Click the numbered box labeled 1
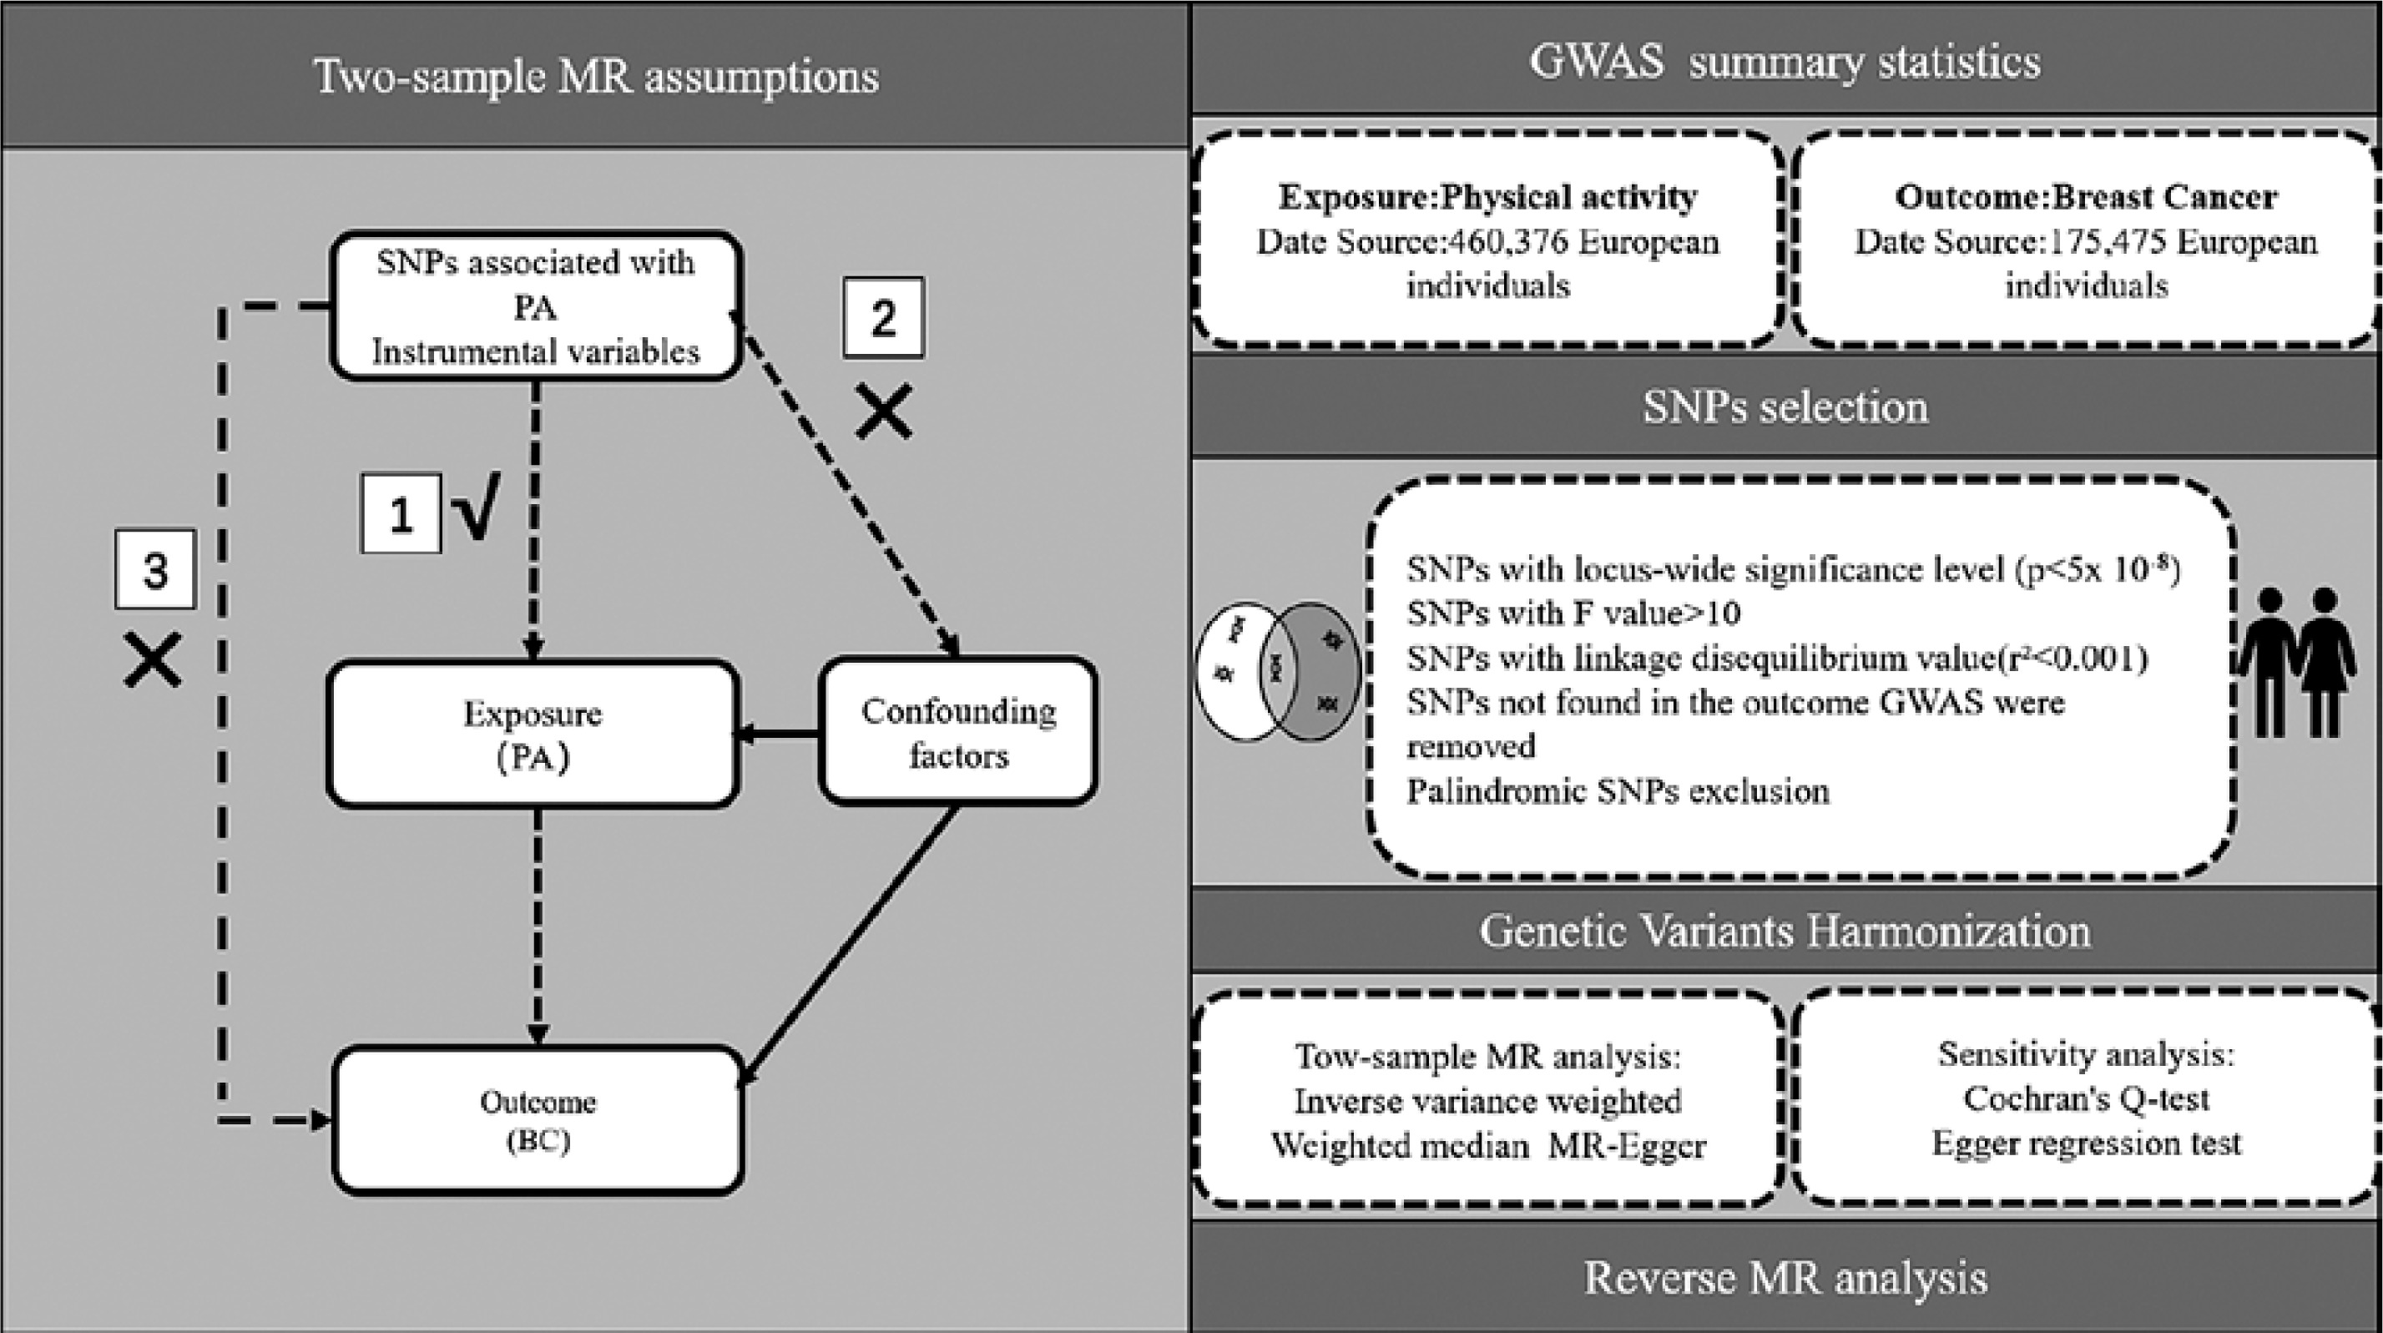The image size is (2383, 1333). [x=401, y=514]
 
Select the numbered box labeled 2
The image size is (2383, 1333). [x=883, y=317]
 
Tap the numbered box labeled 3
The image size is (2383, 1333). [x=155, y=569]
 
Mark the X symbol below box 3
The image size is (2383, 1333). [x=153, y=660]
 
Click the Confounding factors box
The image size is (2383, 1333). [x=958, y=731]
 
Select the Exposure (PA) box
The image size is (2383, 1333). [x=533, y=735]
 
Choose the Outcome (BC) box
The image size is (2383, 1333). [x=538, y=1120]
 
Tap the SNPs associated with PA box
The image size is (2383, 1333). [x=537, y=306]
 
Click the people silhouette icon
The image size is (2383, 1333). [x=2296, y=663]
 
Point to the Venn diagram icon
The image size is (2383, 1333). [x=1279, y=670]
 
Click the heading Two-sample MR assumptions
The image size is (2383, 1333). [x=597, y=76]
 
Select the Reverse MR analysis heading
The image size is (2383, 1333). [x=1785, y=1278]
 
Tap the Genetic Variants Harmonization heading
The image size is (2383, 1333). [x=1785, y=931]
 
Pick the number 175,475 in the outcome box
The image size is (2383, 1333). [x=2108, y=242]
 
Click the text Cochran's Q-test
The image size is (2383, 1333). [x=2086, y=1099]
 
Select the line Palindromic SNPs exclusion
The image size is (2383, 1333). [x=1618, y=792]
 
